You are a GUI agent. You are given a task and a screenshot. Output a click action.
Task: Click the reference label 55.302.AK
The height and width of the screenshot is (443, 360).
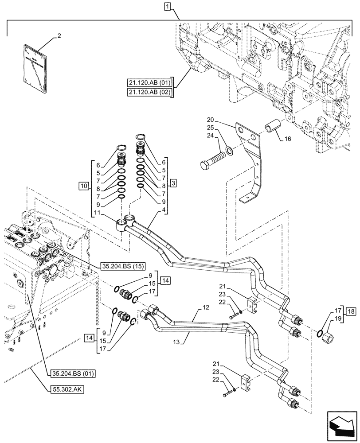coord(64,389)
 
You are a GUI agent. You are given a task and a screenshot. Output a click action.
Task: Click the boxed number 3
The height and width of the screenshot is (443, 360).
coord(173,183)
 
